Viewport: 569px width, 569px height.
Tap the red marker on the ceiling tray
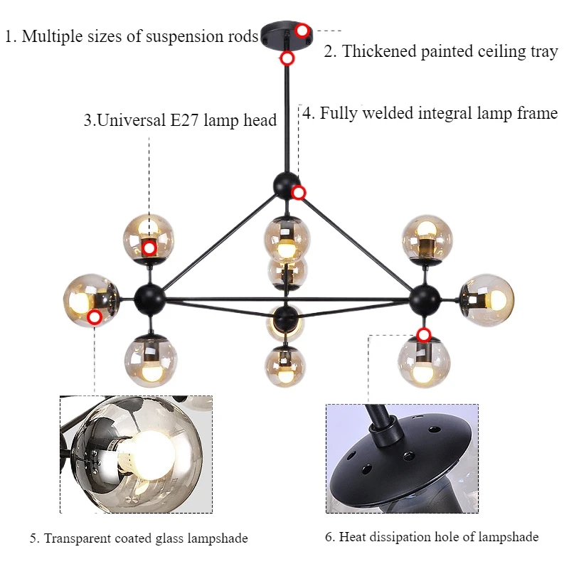tap(302, 31)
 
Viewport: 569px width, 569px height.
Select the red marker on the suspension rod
tap(287, 58)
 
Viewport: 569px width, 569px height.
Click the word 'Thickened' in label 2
tap(378, 52)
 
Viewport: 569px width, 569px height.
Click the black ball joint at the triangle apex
tap(286, 184)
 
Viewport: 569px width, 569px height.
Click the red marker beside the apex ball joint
tap(299, 192)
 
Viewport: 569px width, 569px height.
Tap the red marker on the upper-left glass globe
tap(149, 248)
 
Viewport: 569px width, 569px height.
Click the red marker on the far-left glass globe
tap(95, 317)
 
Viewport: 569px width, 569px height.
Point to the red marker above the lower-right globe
tap(424, 334)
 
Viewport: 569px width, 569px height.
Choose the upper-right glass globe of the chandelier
tap(427, 238)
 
